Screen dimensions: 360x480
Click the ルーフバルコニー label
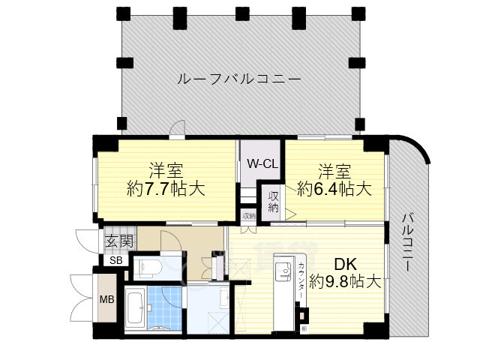pos(239,79)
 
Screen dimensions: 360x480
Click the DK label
pos(344,264)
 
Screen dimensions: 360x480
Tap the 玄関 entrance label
pos(118,241)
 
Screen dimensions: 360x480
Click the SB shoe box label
pos(116,260)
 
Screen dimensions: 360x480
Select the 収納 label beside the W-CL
pos(274,200)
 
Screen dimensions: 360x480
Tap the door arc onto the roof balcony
pos(176,130)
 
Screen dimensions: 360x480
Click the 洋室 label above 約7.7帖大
pos(166,169)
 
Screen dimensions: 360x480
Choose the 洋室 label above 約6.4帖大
pos(334,169)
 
